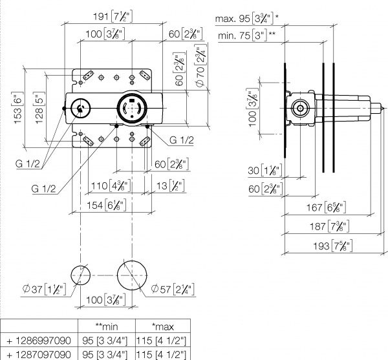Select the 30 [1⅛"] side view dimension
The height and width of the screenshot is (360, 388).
pyautogui.click(x=263, y=171)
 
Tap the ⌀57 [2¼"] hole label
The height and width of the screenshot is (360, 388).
pyautogui.click(x=169, y=288)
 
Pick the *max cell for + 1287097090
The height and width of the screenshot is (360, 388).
pyautogui.click(x=162, y=354)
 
